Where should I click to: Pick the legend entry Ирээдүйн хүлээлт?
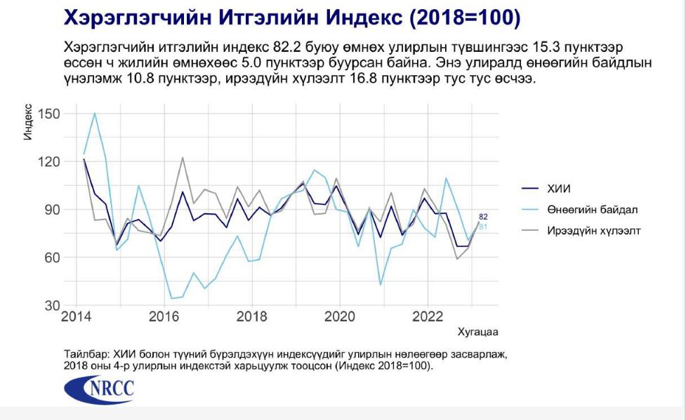point(593,230)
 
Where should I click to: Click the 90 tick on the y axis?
point(49,210)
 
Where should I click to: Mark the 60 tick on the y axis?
point(49,257)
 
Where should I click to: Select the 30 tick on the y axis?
point(49,306)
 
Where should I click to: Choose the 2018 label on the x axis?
point(252,317)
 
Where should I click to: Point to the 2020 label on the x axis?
point(339,317)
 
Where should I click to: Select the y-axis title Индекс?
point(28,121)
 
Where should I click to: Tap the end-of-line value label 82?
point(483,217)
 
